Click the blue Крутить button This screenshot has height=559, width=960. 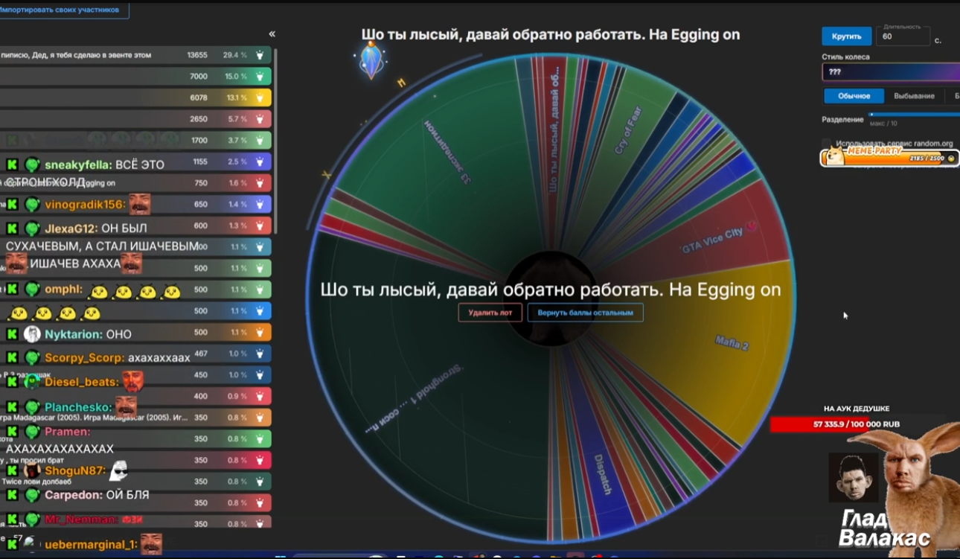847,36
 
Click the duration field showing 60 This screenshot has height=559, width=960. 903,36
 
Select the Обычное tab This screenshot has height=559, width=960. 854,96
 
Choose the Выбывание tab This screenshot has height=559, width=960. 914,96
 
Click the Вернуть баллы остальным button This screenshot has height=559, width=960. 585,313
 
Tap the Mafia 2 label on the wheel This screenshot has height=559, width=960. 732,343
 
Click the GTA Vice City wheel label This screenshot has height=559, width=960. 712,240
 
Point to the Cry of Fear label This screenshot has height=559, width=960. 628,130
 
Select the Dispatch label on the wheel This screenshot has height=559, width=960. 602,475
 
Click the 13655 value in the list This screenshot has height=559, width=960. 197,55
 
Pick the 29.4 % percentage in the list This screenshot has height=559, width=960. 234,55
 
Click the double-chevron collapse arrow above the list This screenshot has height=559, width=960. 272,34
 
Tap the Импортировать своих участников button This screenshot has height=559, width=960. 64,10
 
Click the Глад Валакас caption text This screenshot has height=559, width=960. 884,528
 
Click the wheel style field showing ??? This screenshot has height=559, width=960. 889,72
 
